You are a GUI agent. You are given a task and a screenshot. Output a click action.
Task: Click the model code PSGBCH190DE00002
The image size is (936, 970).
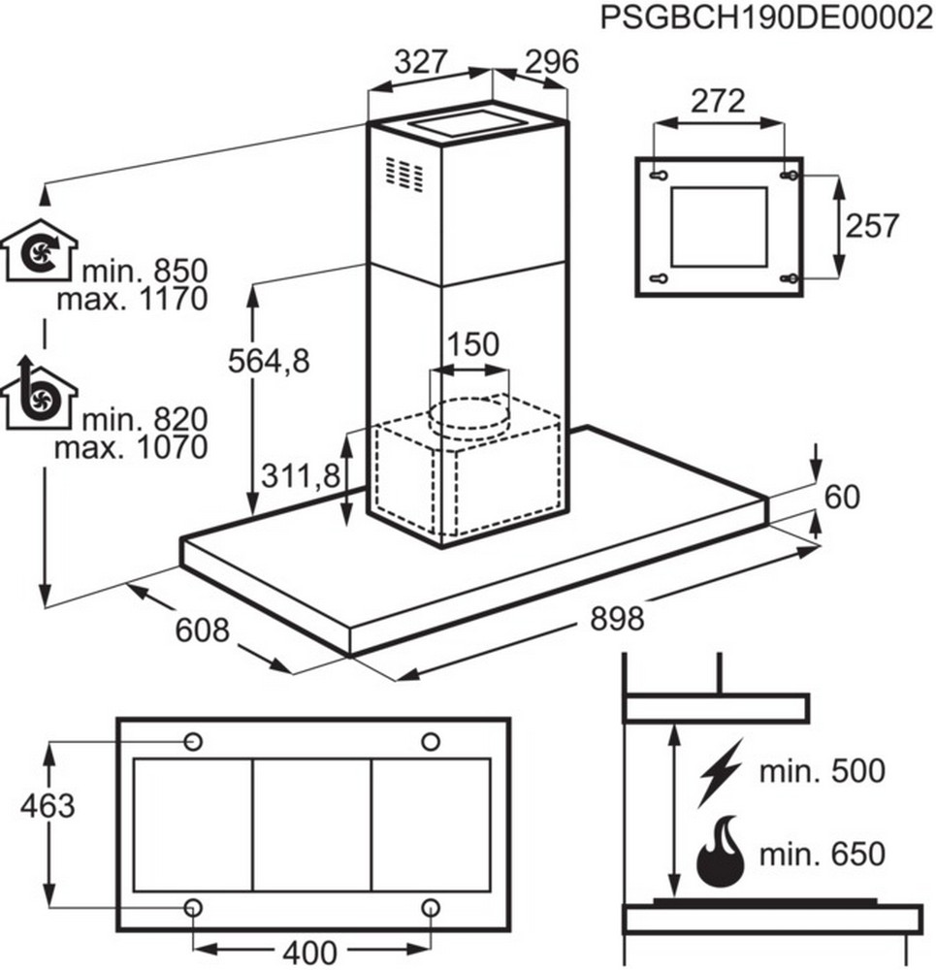click(x=766, y=18)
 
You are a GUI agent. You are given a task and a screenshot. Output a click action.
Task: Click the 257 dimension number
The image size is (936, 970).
click(x=871, y=226)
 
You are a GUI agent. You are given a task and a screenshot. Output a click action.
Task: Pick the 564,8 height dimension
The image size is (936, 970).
click(x=268, y=361)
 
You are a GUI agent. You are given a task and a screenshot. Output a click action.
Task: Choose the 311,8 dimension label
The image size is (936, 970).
click(x=301, y=475)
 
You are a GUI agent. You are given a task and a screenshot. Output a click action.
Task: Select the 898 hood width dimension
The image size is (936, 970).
click(x=616, y=618)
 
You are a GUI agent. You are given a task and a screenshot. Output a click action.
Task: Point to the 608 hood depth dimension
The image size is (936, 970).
click(x=202, y=630)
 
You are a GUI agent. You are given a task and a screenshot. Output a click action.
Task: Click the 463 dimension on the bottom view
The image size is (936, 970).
click(x=47, y=805)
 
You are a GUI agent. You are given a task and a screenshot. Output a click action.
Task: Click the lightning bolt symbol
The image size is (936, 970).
click(x=720, y=772)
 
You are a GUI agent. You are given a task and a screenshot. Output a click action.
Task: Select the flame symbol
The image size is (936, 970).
click(x=719, y=853)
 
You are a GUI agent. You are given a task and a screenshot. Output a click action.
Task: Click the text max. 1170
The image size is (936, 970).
click(x=132, y=299)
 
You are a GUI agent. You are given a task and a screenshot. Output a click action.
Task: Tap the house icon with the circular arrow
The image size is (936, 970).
click(x=40, y=250)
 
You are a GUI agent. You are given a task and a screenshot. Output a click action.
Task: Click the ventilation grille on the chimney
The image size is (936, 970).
click(x=403, y=174)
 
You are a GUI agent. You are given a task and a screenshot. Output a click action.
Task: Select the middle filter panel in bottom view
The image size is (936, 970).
click(x=311, y=825)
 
